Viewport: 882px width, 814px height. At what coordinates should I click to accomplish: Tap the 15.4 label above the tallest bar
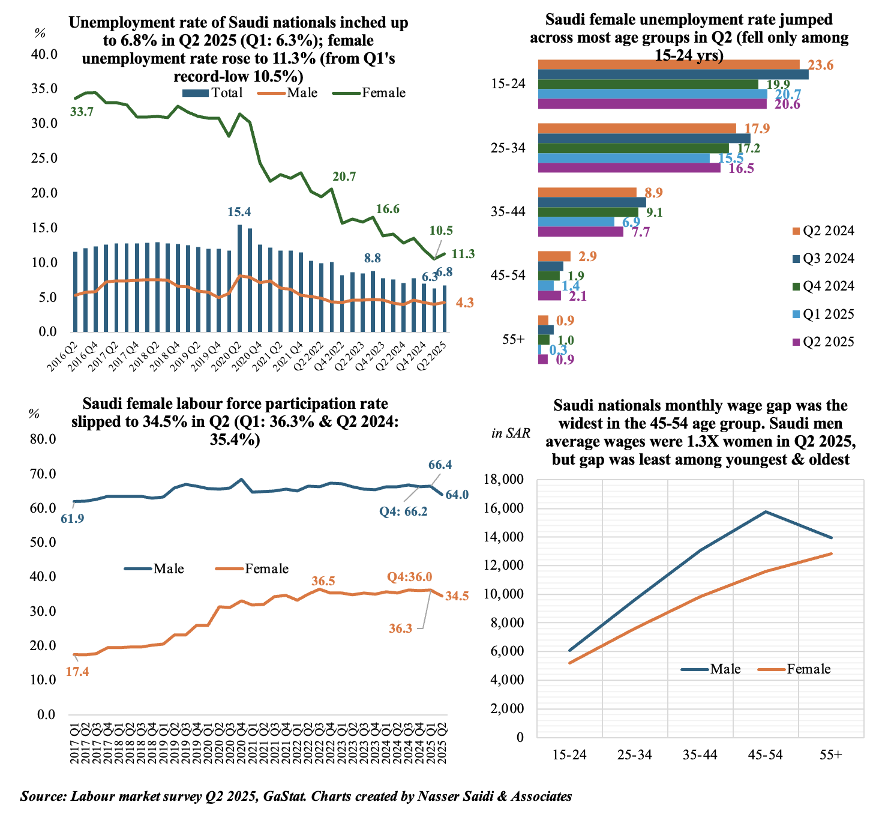(x=239, y=211)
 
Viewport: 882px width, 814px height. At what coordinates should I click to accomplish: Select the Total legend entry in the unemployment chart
(x=213, y=93)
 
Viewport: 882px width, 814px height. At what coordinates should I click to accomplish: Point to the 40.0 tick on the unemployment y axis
(x=44, y=54)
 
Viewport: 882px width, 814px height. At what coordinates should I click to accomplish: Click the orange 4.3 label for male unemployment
(x=465, y=303)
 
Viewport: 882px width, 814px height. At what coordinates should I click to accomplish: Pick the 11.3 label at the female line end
(x=463, y=254)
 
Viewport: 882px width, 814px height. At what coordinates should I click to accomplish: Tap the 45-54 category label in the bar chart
(x=508, y=276)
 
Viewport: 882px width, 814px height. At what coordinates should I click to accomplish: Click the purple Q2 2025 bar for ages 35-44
(x=581, y=232)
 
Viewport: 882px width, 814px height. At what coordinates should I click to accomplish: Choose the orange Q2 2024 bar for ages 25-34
(x=637, y=128)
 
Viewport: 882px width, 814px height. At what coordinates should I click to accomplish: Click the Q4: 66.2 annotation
(x=403, y=512)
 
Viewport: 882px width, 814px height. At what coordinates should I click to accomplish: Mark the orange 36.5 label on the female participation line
(x=323, y=581)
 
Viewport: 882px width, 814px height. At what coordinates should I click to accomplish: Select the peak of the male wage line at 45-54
(x=766, y=511)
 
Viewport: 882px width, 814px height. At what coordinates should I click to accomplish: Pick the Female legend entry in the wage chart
(x=796, y=669)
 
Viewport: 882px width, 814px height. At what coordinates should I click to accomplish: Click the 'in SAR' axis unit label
(x=511, y=433)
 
